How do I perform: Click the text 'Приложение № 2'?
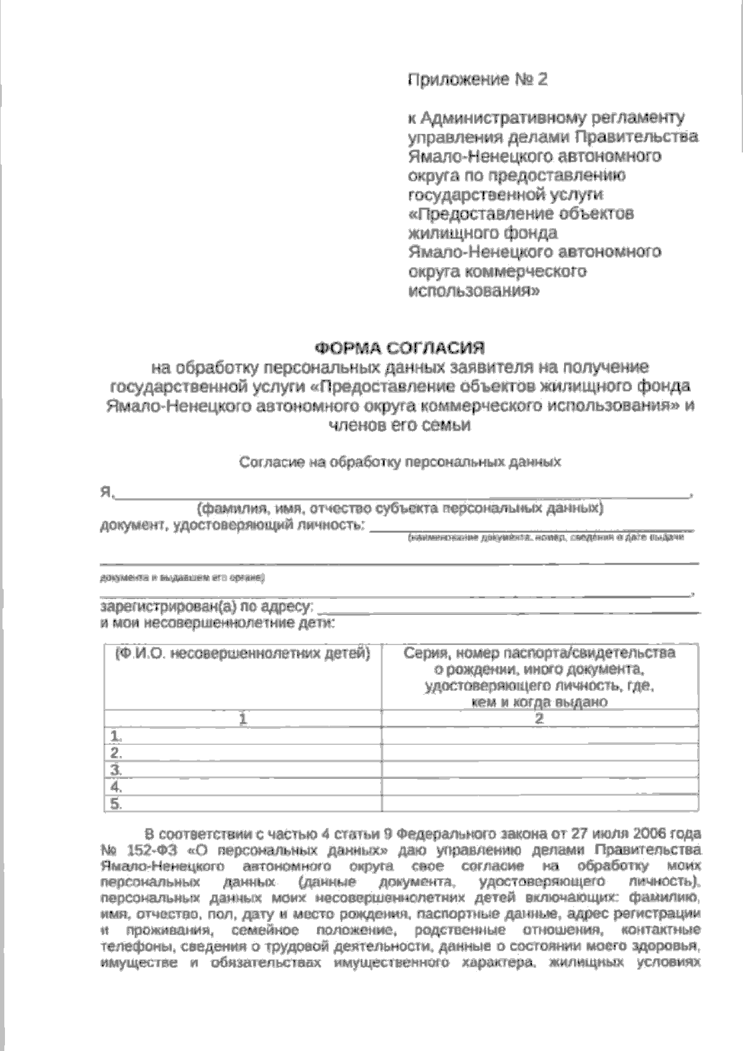click(477, 79)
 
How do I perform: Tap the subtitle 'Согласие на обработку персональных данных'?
click(400, 462)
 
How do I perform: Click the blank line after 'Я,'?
click(402, 494)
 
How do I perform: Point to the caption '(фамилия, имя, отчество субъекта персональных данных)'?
click(400, 509)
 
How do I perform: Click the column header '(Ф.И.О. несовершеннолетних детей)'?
click(243, 654)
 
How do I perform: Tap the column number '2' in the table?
click(539, 719)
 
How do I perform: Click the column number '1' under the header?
click(243, 719)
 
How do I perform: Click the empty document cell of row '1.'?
click(539, 736)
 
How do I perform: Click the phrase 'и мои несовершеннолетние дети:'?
click(217, 623)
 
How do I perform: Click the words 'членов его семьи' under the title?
click(400, 426)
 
